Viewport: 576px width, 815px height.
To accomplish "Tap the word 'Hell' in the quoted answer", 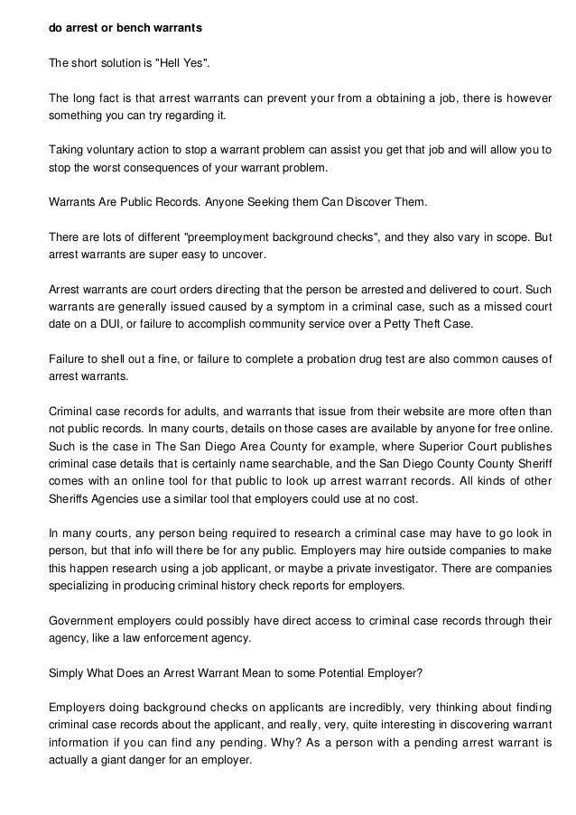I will [x=171, y=63].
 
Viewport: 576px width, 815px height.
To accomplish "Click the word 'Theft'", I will [x=432, y=324].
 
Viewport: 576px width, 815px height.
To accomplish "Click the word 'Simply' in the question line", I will [x=67, y=673].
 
